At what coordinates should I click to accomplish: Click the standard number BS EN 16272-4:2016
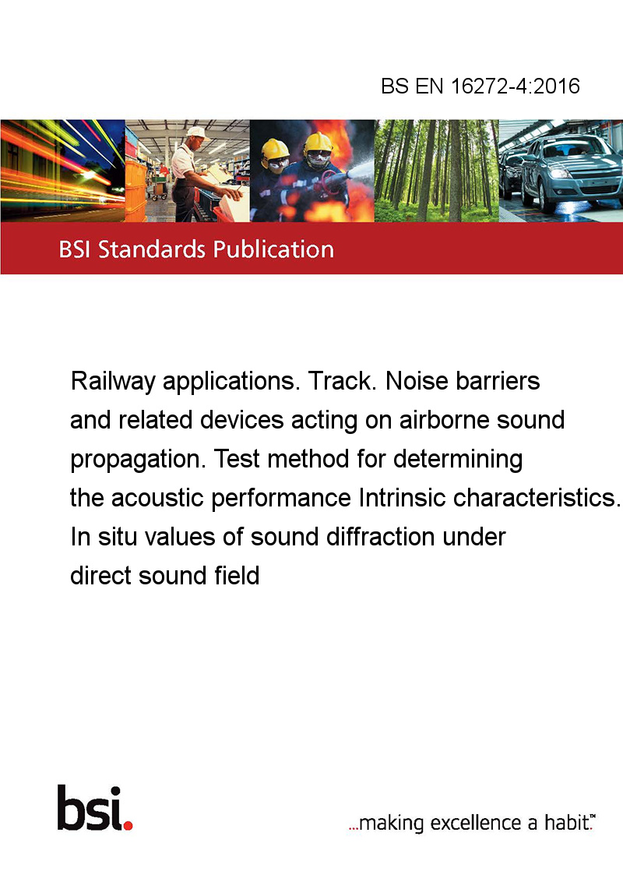pos(480,86)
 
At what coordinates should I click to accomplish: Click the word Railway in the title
pos(113,382)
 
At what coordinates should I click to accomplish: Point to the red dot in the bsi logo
pos(128,825)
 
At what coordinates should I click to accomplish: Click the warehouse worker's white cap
pos(196,132)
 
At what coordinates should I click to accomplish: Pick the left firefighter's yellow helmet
pos(275,149)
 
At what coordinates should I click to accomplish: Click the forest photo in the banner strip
pos(436,171)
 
